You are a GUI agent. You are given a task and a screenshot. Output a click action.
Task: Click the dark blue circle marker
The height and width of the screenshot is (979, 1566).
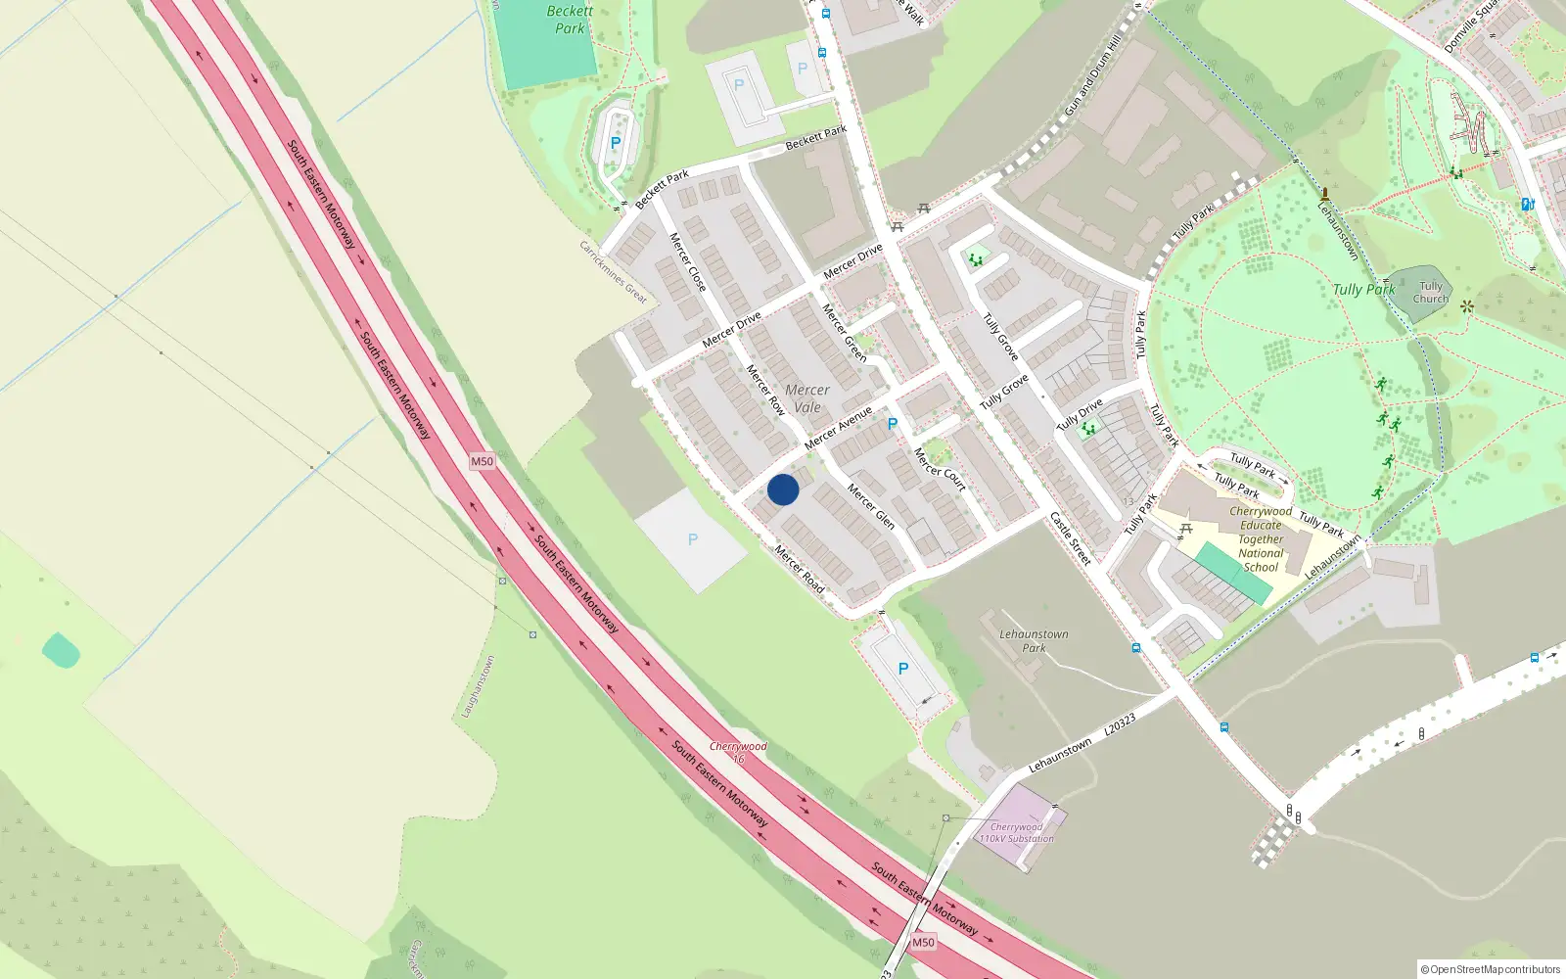[x=782, y=489]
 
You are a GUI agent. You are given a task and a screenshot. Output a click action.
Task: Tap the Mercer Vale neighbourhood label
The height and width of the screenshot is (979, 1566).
[x=807, y=398]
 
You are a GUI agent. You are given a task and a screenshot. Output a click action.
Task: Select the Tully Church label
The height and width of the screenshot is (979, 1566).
[x=1430, y=293]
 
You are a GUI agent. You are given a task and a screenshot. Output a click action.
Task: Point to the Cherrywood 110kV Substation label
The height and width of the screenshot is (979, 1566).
[x=1017, y=833]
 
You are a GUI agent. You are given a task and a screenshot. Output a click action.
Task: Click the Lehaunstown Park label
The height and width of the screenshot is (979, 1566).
[x=1034, y=641]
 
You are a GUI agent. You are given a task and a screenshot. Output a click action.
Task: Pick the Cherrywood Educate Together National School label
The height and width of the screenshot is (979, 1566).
[x=1261, y=538]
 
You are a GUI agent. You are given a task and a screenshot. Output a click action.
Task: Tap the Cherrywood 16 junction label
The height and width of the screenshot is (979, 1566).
[x=738, y=752]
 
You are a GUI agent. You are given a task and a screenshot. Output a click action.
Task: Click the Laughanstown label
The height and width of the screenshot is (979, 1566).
[x=479, y=686]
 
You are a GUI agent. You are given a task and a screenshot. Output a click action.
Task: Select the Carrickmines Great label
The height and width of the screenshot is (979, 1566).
[x=614, y=272]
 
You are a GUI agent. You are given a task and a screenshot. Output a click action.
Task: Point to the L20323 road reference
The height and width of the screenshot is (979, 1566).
[x=1120, y=725]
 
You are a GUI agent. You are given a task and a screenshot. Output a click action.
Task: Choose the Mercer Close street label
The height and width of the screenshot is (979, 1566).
[x=687, y=261]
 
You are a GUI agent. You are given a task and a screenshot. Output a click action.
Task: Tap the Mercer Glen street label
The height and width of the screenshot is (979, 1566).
[x=870, y=506]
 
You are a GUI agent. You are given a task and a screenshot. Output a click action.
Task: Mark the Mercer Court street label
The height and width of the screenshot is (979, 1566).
[x=940, y=469]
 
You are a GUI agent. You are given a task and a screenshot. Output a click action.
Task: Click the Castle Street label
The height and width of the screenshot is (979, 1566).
[x=1070, y=537]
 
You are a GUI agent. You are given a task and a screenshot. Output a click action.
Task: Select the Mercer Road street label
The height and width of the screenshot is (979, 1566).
[x=800, y=569]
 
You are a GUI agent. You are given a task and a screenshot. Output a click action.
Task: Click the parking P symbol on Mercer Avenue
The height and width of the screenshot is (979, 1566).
[x=892, y=424]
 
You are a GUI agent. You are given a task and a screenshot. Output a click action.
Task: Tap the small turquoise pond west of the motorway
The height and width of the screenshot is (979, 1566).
[x=61, y=650]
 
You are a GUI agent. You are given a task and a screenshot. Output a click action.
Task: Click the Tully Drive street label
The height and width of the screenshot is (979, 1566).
[x=1080, y=415]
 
